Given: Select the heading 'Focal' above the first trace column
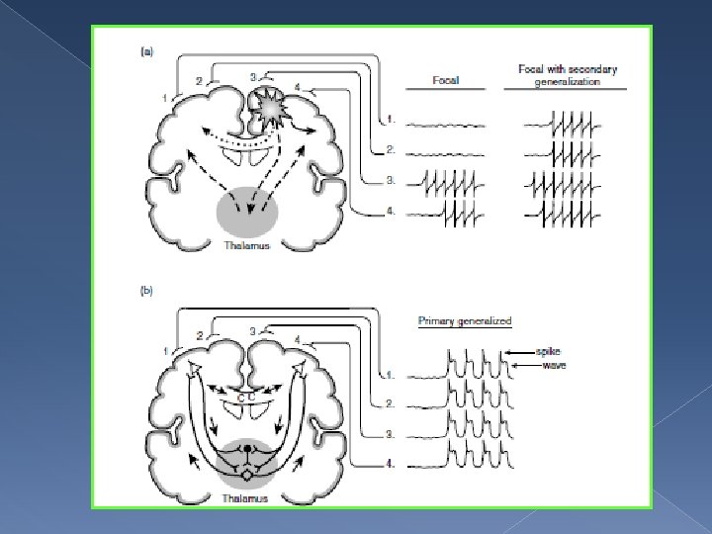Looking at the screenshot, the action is tap(445, 79).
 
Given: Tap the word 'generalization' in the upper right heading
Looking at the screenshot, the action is tap(568, 82).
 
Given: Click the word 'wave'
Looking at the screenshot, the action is tap(551, 366).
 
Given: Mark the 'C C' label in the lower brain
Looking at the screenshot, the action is tap(247, 397).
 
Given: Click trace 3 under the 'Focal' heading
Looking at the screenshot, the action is tap(449, 183).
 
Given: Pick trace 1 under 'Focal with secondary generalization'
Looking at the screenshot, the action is tap(565, 125).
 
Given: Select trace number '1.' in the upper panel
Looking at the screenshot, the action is tap(392, 121).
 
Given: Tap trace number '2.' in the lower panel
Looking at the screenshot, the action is tap(391, 403).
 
